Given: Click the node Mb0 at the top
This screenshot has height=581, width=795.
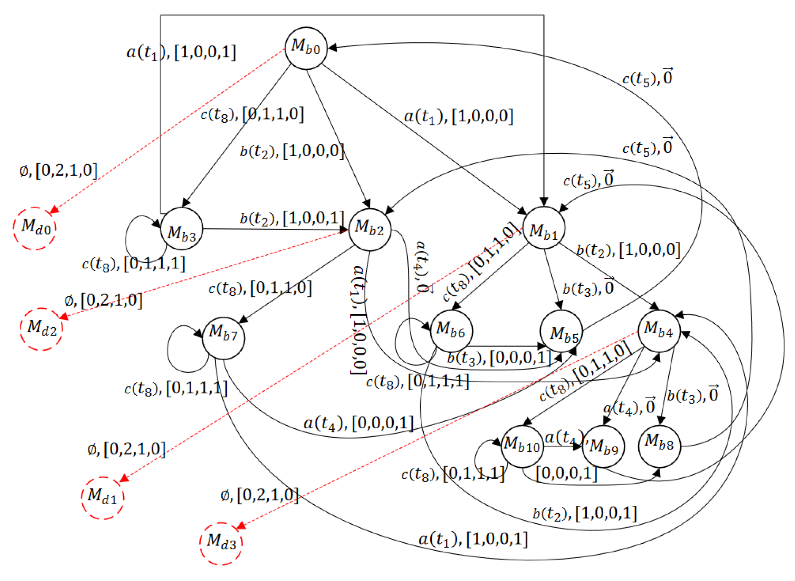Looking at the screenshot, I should pos(306,48).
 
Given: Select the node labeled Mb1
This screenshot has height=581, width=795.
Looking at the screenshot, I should pos(544,228).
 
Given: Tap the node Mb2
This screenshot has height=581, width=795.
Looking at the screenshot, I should pos(370,229).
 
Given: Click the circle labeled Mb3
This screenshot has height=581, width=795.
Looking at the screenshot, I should pos(181,229).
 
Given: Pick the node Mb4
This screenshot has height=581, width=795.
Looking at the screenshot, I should pos(659,331).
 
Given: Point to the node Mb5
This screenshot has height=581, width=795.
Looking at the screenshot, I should pos(561,331).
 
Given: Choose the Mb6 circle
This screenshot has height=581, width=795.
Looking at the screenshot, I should pos(451,331).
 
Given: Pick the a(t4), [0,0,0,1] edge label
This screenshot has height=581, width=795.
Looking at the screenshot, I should pos(358,423).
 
